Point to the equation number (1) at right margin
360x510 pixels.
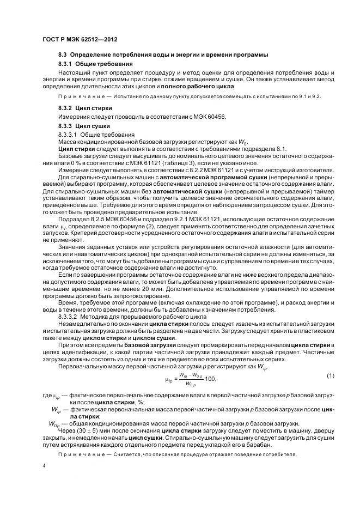[330, 376]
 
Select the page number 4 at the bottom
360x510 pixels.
[44, 466]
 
